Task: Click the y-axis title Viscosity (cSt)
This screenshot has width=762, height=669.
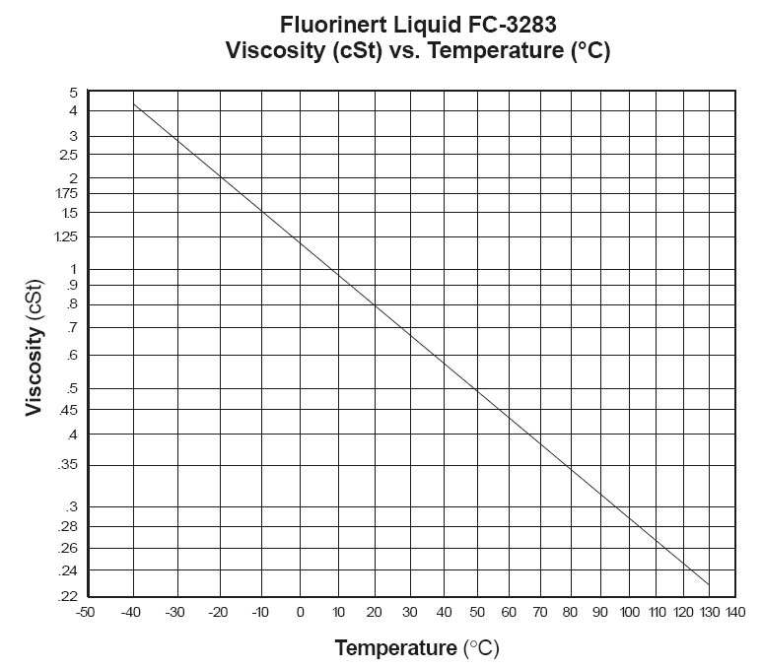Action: click(35, 347)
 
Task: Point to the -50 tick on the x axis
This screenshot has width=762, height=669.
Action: click(88, 613)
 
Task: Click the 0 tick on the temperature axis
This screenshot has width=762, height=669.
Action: click(300, 613)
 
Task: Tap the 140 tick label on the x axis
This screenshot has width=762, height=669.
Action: click(733, 613)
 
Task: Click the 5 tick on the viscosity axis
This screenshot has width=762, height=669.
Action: click(73, 93)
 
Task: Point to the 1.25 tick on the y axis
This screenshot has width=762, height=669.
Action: click(67, 237)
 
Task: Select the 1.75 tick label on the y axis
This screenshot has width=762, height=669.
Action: click(67, 194)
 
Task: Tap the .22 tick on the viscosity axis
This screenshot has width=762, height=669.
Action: click(69, 596)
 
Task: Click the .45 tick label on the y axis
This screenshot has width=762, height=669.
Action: click(69, 412)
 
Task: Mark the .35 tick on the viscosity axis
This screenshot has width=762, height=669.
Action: click(69, 465)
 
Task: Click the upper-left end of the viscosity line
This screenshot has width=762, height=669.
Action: click(134, 103)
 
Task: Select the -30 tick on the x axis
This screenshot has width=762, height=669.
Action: click(174, 613)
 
